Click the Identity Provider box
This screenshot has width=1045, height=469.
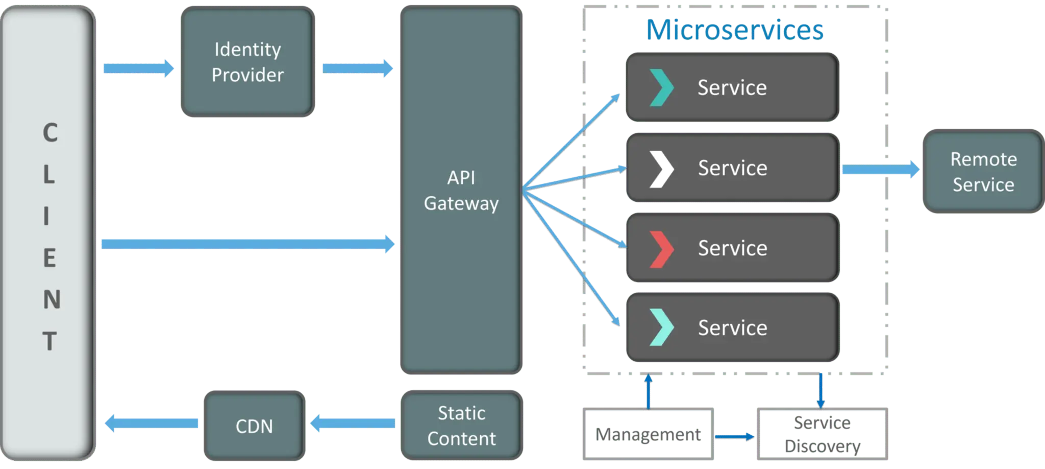(247, 62)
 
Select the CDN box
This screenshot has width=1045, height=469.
(254, 426)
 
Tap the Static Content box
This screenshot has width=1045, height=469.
(461, 426)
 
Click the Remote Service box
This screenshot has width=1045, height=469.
(983, 172)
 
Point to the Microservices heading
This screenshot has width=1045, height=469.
(734, 30)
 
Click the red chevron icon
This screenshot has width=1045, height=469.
(661, 249)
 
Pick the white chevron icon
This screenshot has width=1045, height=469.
(661, 169)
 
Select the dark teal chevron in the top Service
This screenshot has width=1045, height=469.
(661, 88)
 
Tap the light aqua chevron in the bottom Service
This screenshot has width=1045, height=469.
(661, 327)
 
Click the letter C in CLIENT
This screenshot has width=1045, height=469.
(49, 133)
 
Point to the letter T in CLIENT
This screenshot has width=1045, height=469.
(49, 341)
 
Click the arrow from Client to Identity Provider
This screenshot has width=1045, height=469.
(138, 68)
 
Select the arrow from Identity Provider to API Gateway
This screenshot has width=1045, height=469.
(358, 68)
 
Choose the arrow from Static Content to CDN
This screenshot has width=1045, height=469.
(353, 423)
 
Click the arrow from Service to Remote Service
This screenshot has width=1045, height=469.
(880, 169)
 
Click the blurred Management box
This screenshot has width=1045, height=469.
(648, 434)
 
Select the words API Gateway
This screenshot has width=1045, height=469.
(461, 191)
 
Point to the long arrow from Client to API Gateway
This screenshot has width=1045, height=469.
(248, 243)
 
